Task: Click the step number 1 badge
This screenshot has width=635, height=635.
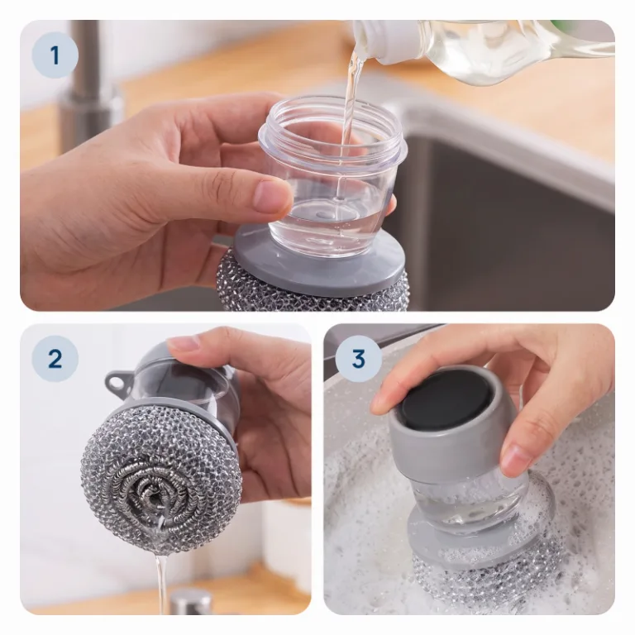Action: (55, 55)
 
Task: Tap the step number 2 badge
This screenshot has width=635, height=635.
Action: (55, 358)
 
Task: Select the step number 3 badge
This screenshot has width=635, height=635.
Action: (358, 358)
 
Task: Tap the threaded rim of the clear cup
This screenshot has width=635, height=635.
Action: (333, 130)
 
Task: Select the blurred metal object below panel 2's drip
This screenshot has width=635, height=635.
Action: (190, 603)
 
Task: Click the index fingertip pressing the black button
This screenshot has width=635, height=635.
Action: (383, 401)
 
